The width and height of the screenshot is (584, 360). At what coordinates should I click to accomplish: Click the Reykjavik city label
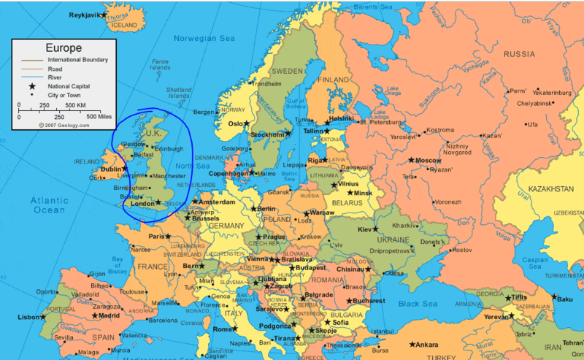coord(85,15)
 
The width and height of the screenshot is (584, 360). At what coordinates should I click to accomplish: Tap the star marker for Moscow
coord(412,160)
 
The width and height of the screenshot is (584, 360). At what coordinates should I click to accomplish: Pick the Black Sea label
coord(418,303)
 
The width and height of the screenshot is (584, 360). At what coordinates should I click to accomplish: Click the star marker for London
coord(158,203)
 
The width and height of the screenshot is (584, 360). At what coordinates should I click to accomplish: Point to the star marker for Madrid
coord(94,316)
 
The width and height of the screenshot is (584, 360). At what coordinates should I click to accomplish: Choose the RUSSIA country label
coord(519,54)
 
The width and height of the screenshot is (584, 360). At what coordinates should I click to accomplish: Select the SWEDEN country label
coord(287,71)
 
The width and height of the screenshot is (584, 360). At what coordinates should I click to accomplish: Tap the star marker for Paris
coord(168,236)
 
